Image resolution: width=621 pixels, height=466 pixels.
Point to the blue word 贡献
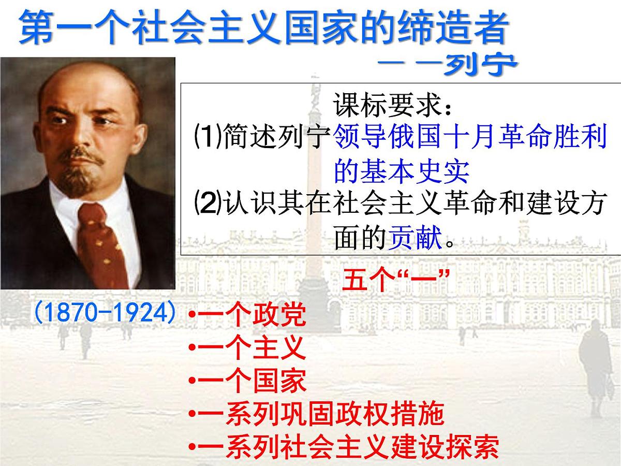click(x=414, y=239)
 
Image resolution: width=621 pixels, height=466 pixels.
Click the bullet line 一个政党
click(x=247, y=316)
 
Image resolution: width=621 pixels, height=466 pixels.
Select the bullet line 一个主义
click(x=247, y=349)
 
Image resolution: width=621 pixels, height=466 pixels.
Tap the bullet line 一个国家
click(x=247, y=382)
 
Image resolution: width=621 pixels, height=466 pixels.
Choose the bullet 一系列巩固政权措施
click(x=316, y=415)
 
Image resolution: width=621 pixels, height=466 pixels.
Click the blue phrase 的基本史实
click(x=402, y=171)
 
